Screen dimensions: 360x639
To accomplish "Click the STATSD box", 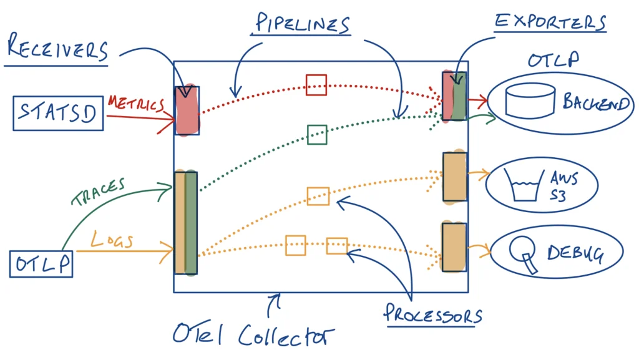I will (59, 114).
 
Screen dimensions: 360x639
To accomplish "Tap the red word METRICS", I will (135, 104).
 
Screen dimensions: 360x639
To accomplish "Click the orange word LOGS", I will (112, 240).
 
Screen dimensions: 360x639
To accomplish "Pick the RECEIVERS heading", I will (57, 50).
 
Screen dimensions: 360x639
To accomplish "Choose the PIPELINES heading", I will (302, 25).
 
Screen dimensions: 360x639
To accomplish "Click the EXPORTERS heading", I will (550, 21).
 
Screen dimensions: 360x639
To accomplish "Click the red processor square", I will (316, 85).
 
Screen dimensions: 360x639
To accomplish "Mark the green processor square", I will (317, 134).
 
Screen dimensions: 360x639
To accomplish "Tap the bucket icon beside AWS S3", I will (525, 184).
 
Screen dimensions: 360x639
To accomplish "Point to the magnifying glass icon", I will (522, 255).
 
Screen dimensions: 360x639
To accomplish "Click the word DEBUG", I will (575, 253).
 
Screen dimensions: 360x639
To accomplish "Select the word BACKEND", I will (596, 102).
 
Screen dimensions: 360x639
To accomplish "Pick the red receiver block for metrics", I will (187, 110).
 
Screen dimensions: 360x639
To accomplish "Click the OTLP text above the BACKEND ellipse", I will (553, 61).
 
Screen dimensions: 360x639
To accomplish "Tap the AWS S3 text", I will (565, 184).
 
